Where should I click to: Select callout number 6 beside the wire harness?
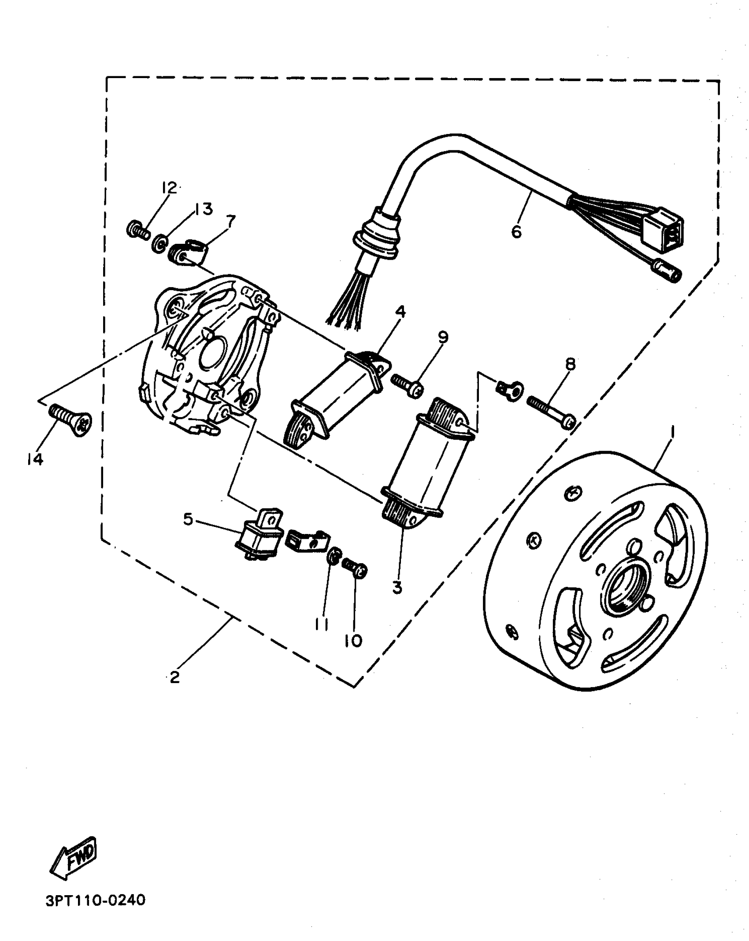pos(516,232)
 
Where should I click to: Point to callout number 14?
pos(34,459)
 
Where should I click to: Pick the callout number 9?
pos(443,337)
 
